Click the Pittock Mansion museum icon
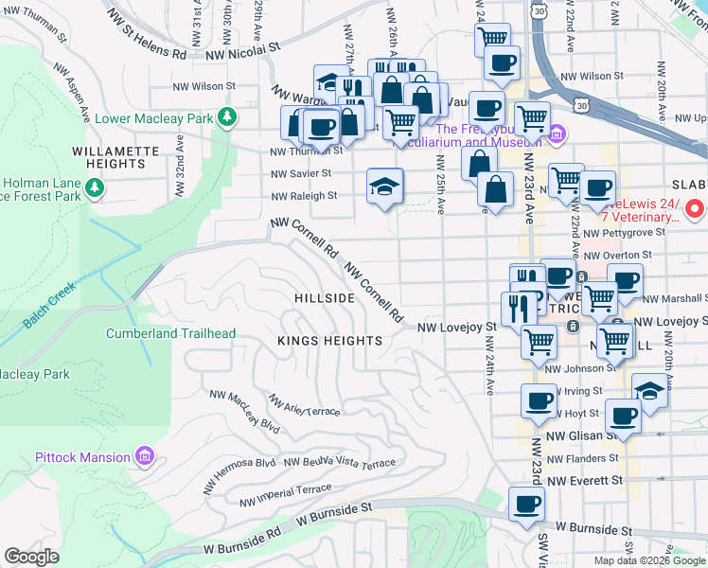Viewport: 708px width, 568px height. point(144,457)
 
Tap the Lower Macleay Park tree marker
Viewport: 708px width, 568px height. point(226,117)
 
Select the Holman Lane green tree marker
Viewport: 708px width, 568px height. point(94,189)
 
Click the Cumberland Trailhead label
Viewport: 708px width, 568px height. point(170,333)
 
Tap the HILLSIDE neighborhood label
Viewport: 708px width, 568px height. point(325,297)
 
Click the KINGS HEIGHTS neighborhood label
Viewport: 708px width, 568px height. point(329,340)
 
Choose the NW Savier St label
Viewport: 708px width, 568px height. point(301,173)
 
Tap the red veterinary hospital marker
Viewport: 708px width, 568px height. point(695,208)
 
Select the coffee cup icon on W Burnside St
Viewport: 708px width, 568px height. point(526,505)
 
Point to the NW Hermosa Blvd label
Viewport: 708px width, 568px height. point(239,473)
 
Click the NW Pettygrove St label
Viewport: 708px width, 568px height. point(617,232)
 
